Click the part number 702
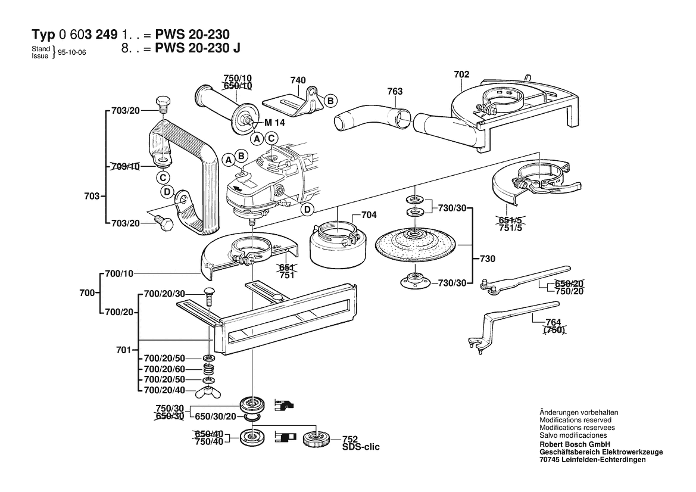[461, 74]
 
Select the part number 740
[298, 80]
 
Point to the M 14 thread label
[276, 123]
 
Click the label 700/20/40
[165, 390]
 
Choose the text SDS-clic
[361, 446]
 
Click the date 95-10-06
[72, 52]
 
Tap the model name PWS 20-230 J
[198, 49]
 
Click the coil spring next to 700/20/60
[208, 369]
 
